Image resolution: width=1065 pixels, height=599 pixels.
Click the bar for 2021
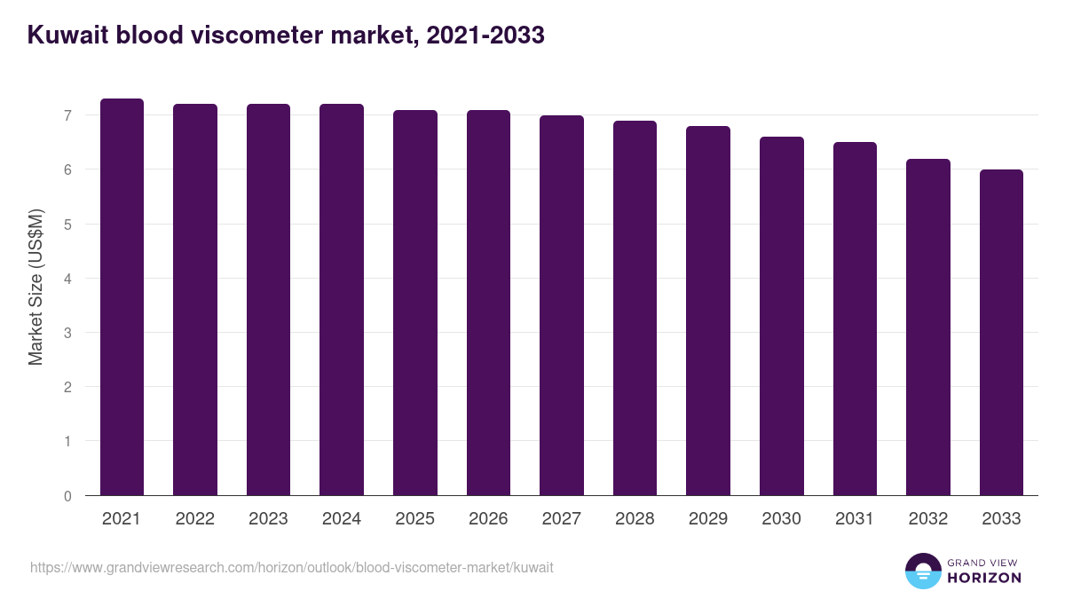pyautogui.click(x=122, y=297)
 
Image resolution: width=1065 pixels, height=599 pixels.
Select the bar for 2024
pyautogui.click(x=342, y=300)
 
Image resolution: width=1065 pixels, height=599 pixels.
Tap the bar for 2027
pyautogui.click(x=562, y=305)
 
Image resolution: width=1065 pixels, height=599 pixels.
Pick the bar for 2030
pyautogui.click(x=782, y=316)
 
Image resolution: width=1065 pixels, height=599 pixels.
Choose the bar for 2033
pyautogui.click(x=1001, y=333)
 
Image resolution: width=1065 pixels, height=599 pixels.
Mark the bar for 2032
pyautogui.click(x=928, y=327)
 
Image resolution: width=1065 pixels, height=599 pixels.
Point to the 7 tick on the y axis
pyautogui.click(x=67, y=115)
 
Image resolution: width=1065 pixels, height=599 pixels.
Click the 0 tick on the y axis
pyautogui.click(x=67, y=496)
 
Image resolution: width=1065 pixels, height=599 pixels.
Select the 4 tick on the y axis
pyautogui.click(x=67, y=279)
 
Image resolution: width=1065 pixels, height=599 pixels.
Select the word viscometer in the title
pyautogui.click(x=260, y=36)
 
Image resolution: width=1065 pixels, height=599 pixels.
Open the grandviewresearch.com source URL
pyautogui.click(x=291, y=567)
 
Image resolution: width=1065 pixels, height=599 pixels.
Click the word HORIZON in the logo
pyautogui.click(x=984, y=578)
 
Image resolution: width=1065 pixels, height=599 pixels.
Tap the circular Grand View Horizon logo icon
pyautogui.click(x=923, y=571)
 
